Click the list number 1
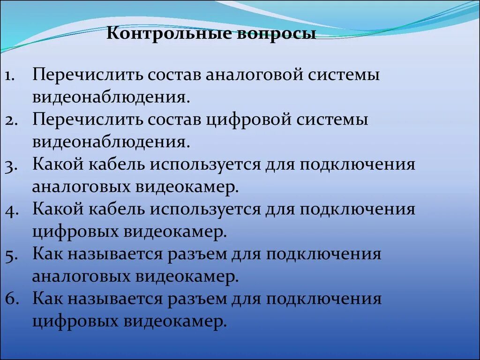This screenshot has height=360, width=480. (12, 76)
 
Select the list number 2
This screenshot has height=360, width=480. (12, 120)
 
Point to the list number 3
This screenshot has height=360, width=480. (12, 165)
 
